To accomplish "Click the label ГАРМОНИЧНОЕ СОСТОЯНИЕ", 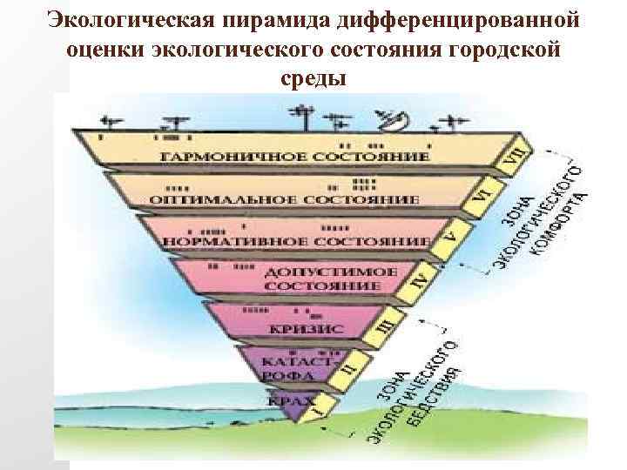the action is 295,157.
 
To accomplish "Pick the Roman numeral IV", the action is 421,280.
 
